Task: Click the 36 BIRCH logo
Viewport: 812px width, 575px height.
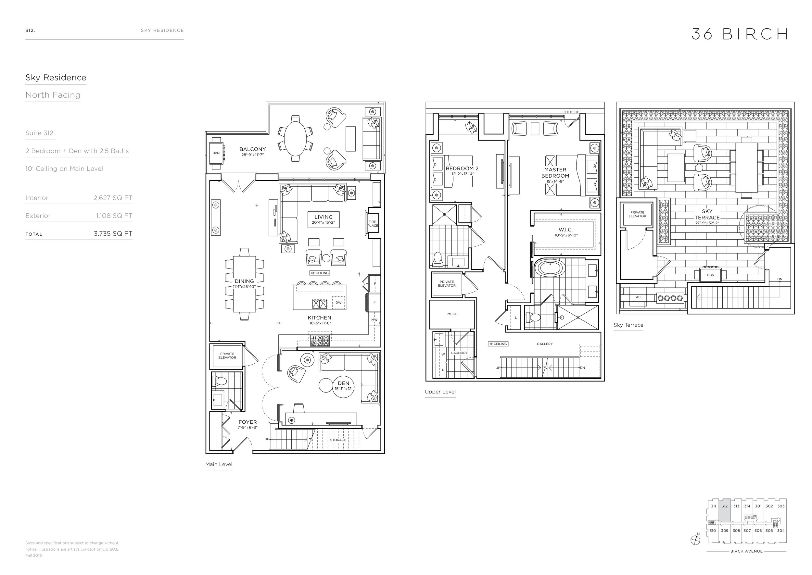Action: coord(739,34)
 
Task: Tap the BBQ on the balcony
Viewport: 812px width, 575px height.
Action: coord(216,153)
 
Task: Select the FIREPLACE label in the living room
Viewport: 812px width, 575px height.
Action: coord(373,224)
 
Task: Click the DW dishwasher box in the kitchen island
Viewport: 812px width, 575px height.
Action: coord(338,302)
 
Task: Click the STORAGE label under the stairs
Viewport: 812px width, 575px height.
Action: coord(338,440)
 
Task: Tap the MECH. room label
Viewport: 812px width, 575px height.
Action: coord(452,314)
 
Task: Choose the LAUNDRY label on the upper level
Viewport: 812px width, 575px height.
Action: coord(459,353)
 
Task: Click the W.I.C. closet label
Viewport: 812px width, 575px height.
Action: coord(566,230)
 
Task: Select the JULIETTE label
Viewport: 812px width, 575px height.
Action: coord(571,112)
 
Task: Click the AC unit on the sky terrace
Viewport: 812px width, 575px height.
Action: coord(638,297)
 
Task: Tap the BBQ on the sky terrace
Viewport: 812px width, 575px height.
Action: coord(710,275)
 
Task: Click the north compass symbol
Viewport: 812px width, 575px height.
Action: coord(695,540)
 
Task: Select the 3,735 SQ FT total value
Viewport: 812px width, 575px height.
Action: coord(113,234)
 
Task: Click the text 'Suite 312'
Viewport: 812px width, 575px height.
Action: coord(39,133)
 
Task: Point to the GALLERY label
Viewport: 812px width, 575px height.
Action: coord(545,344)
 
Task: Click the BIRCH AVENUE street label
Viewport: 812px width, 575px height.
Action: coord(746,551)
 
